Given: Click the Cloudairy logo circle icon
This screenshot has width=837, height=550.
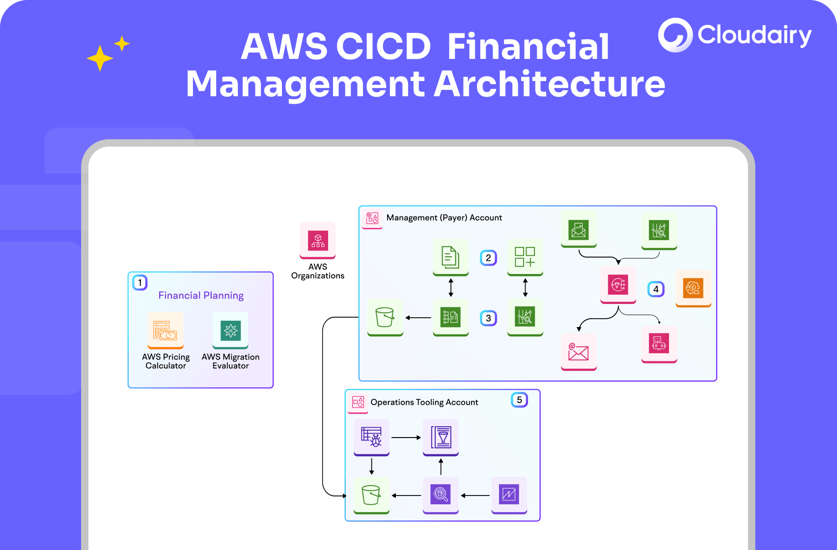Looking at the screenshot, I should click(675, 35).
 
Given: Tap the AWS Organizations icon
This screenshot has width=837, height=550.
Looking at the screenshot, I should click(318, 241).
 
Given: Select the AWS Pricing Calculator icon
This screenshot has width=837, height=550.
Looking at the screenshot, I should click(166, 330).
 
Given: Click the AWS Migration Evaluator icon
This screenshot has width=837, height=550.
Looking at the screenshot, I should click(230, 330).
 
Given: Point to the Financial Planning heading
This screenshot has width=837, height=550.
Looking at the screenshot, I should click(201, 295).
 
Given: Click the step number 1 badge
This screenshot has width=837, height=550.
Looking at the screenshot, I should click(140, 282).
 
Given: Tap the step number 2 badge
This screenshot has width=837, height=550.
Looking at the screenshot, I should click(488, 258).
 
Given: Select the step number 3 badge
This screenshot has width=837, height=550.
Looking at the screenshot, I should click(488, 318).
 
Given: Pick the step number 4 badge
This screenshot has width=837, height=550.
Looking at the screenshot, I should click(656, 289).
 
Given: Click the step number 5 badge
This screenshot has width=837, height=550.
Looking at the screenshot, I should click(519, 400).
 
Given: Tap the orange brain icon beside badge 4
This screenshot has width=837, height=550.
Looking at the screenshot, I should click(693, 288).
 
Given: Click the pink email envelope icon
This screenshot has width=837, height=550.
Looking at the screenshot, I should click(579, 352).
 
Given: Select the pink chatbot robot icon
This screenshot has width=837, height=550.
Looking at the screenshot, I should click(659, 344).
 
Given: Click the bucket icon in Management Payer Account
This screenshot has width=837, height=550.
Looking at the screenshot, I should click(385, 318).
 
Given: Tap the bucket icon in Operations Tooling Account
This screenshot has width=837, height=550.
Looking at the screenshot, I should click(371, 495).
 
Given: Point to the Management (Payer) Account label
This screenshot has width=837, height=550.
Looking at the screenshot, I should click(444, 218).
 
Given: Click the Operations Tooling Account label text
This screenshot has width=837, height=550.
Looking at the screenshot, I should click(424, 402).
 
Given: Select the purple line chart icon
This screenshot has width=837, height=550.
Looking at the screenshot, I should click(509, 495).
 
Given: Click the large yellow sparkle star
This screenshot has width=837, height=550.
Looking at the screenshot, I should click(100, 58).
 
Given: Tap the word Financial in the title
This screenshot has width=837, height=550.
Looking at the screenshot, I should click(528, 47).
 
